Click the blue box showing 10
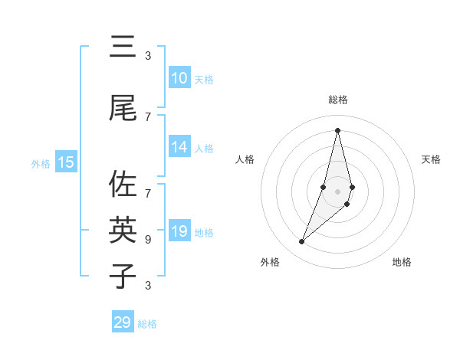[x=179, y=78]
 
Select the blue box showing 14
[x=179, y=147]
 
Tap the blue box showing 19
[x=179, y=231]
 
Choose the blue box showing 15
[x=66, y=162]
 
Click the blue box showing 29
[x=123, y=322]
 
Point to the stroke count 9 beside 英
[x=148, y=239]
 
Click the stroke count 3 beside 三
[x=148, y=56]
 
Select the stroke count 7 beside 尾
[x=148, y=116]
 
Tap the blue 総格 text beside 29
[x=147, y=324]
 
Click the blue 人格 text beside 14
[x=204, y=149]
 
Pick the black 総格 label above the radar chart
[x=337, y=100]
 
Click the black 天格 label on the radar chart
[x=431, y=159]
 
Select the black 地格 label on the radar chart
[x=402, y=262]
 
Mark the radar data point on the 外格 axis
[x=301, y=242]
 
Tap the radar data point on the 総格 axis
[x=337, y=129]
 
